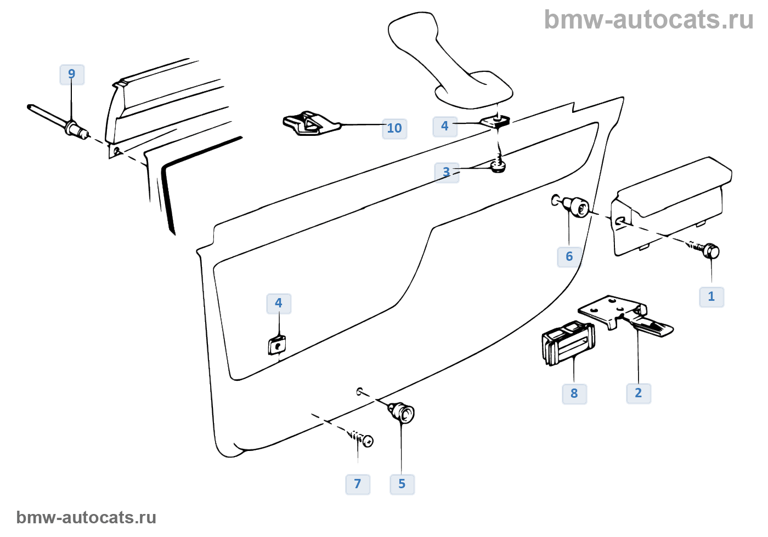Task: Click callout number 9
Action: pos(72,75)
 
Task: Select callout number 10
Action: pos(394,129)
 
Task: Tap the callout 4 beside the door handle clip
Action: pos(445,126)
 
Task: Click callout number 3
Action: pos(447,173)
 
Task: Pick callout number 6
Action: pos(569,257)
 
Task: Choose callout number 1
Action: pos(711,297)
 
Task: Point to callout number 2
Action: pos(639,393)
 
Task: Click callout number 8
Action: pos(574,394)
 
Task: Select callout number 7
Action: pos(358,484)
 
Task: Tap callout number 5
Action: pos(402,484)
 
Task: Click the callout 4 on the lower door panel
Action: pos(279,304)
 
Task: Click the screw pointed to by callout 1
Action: pos(707,250)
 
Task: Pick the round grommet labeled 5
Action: pos(403,412)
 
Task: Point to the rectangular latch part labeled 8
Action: pos(568,342)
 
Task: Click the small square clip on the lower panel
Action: pos(277,346)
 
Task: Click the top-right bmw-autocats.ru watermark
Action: pos(648,20)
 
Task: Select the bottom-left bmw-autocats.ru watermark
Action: pos(86,518)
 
